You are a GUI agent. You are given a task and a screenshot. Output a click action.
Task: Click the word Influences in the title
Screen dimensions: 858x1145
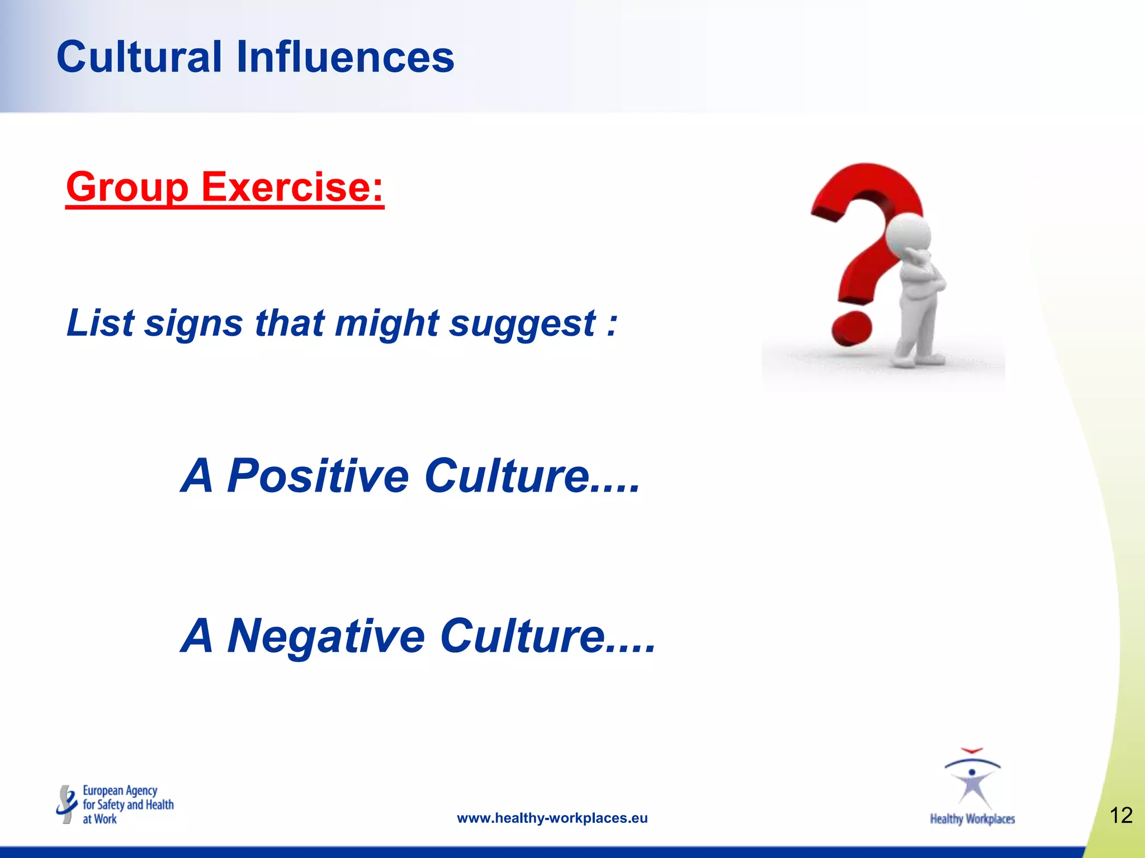[x=345, y=57]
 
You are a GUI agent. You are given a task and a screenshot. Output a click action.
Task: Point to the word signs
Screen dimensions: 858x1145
[x=193, y=324]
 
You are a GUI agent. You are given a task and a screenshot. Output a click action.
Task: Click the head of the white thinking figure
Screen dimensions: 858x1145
[x=909, y=232]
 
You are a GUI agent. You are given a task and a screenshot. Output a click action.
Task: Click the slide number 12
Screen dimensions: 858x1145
[x=1120, y=816]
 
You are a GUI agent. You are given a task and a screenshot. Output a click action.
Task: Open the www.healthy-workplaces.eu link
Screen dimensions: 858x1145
[x=552, y=818]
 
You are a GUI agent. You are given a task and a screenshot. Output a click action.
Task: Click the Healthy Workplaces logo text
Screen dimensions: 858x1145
[x=972, y=819]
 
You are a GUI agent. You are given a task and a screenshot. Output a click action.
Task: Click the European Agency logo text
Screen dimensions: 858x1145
[x=127, y=805]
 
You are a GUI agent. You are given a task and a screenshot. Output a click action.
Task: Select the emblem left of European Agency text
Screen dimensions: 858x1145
[x=67, y=804]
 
